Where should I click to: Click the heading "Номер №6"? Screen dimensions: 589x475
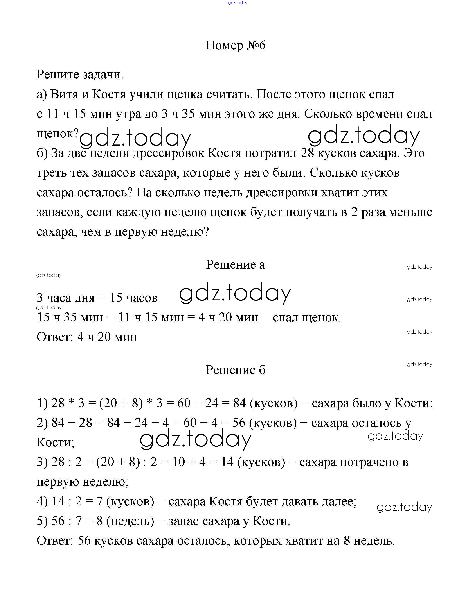tap(235, 45)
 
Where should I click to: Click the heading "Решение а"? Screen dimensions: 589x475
tap(235, 264)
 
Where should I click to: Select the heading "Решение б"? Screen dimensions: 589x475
tap(235, 370)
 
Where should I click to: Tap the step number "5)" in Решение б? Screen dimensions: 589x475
tap(42, 521)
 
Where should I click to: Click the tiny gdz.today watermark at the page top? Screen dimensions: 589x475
tap(238, 3)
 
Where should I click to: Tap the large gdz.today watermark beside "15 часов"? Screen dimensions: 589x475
tap(235, 293)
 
